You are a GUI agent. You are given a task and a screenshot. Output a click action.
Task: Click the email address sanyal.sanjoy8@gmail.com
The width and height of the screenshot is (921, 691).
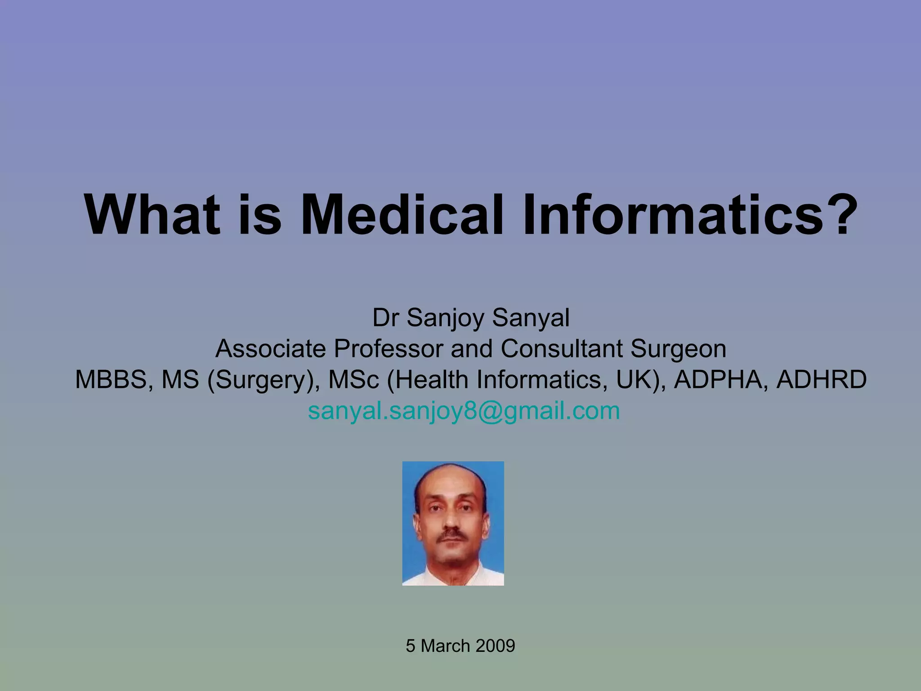[464, 411]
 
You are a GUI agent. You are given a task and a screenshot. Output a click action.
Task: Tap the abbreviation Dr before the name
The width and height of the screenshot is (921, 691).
[385, 318]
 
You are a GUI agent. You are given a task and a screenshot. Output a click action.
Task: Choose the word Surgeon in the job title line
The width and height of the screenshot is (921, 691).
[678, 349]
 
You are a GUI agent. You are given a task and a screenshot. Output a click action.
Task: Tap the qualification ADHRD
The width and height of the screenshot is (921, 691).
[821, 380]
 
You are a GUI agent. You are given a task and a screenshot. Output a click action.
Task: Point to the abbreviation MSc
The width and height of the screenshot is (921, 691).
[354, 380]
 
